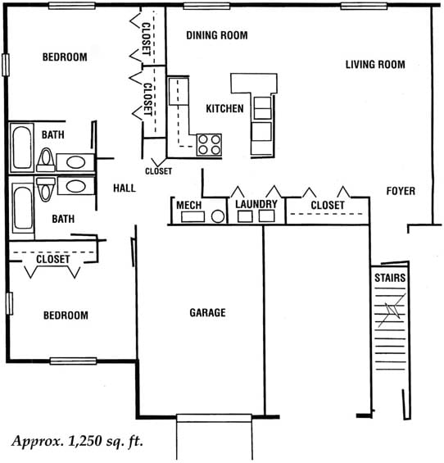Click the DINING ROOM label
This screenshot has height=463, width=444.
click(x=217, y=35)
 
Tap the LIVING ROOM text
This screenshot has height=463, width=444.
click(x=375, y=65)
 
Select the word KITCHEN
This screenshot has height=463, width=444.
click(x=224, y=109)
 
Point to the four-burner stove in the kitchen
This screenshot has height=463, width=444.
click(x=209, y=145)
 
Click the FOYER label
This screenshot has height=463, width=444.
click(x=401, y=191)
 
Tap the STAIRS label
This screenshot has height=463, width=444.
click(x=390, y=278)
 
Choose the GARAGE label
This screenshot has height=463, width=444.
click(x=207, y=313)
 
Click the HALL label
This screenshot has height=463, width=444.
click(x=125, y=188)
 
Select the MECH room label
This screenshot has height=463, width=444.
click(x=189, y=205)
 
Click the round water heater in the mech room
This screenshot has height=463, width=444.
click(x=218, y=216)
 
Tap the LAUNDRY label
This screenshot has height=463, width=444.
click(x=256, y=204)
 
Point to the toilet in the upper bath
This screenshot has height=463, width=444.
click(x=46, y=160)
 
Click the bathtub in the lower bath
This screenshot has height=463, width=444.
click(x=22, y=207)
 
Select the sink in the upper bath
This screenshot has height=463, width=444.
click(x=75, y=162)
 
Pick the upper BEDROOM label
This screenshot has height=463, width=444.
click(x=65, y=57)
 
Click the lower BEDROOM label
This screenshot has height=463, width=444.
click(x=66, y=315)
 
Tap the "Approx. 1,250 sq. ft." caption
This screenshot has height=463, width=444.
click(x=78, y=442)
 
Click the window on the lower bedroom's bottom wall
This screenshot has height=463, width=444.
click(x=73, y=361)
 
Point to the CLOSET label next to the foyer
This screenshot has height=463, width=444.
click(x=328, y=205)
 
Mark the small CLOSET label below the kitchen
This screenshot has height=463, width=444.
click(x=159, y=171)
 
